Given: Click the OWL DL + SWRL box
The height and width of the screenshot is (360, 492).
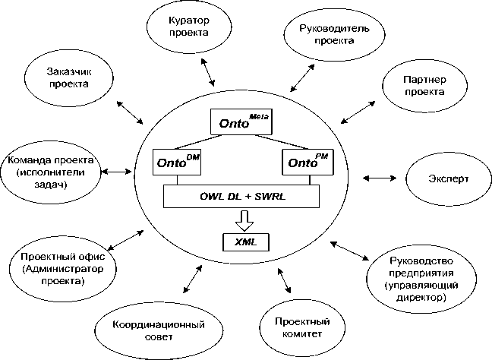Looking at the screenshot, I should [x=242, y=197].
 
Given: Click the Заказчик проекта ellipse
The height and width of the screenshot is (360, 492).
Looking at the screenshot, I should [x=69, y=77].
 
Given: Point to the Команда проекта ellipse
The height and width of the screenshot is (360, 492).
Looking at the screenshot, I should [x=50, y=171].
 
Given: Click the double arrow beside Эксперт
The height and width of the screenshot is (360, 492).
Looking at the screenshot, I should [x=379, y=178].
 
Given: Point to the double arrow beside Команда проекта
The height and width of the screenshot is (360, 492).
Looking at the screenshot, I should [x=116, y=172].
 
